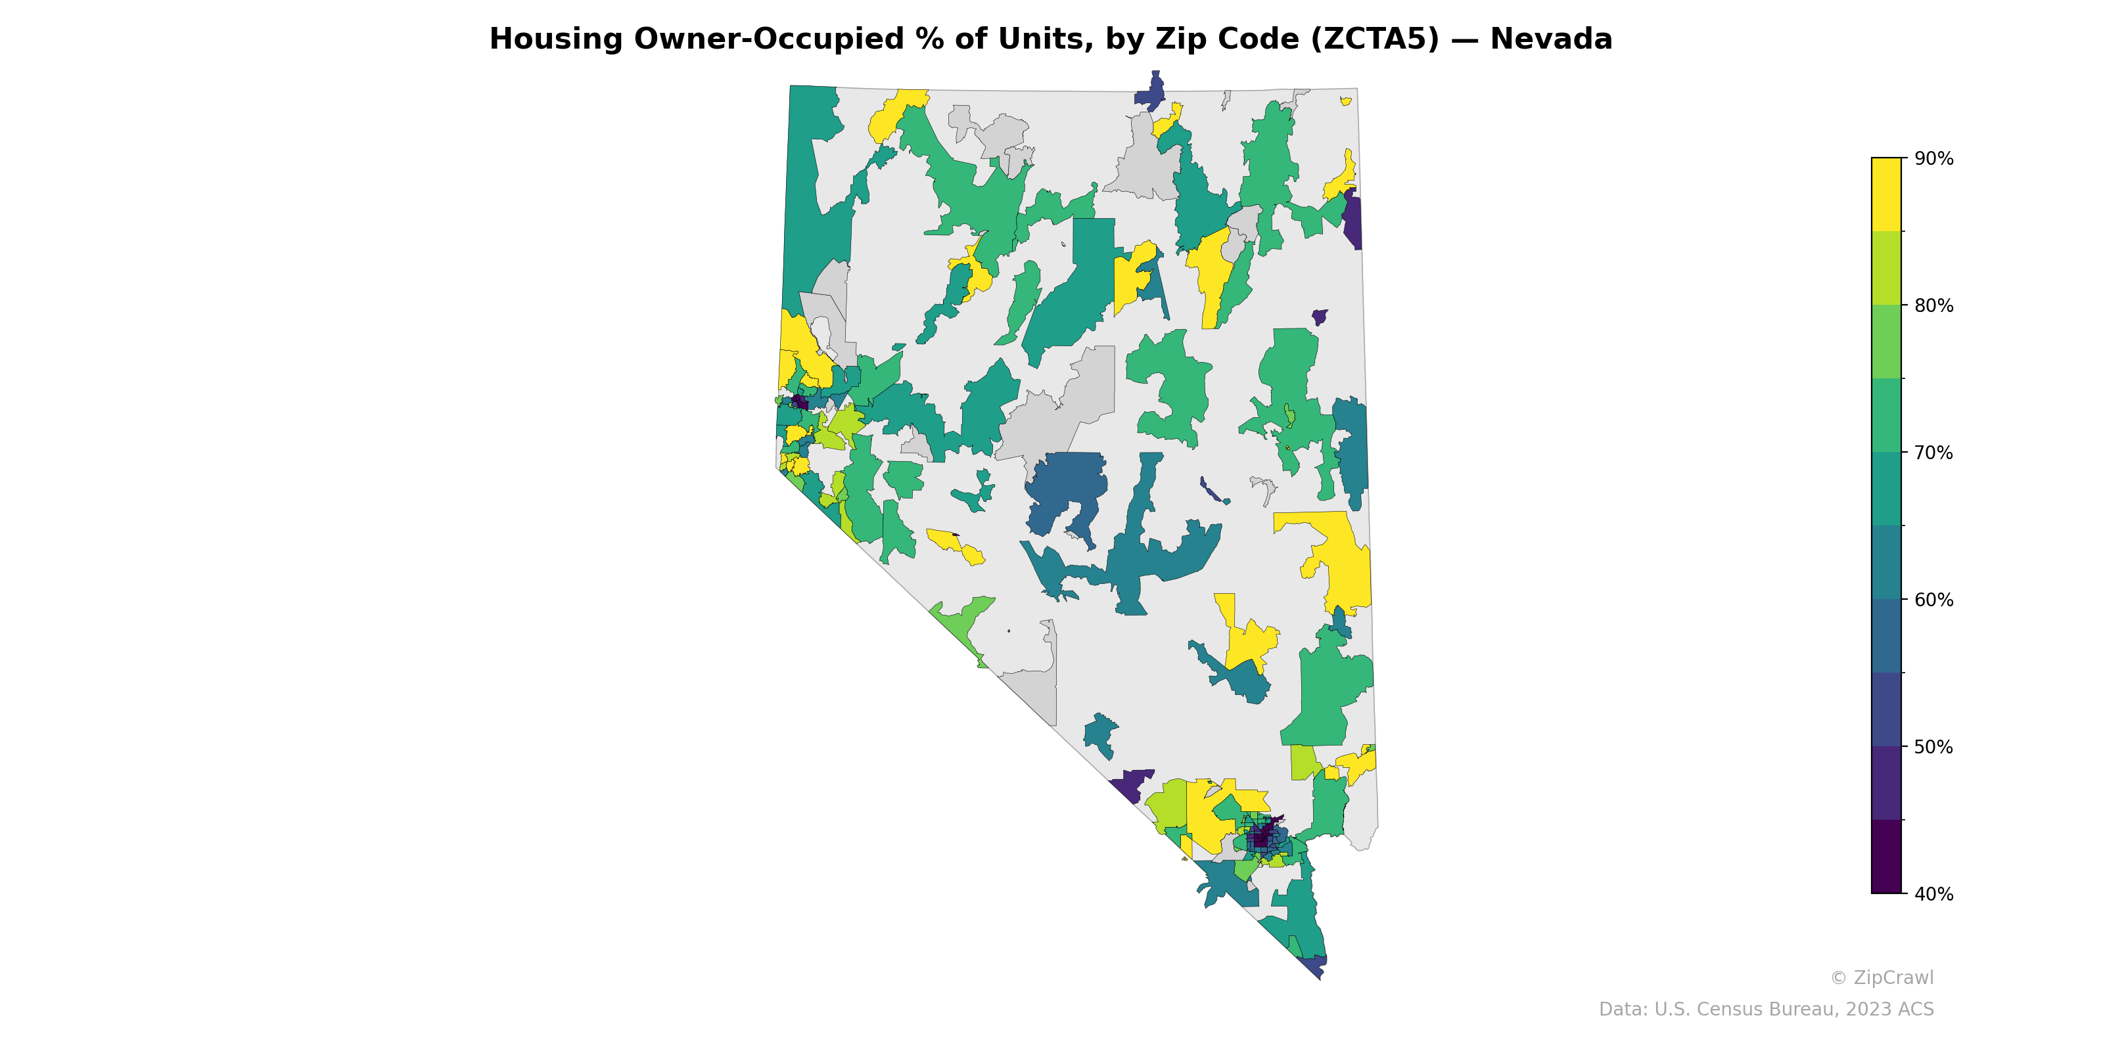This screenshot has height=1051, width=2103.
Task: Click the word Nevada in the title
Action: pos(1550,39)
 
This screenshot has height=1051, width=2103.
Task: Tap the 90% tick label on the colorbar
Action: pos(1934,159)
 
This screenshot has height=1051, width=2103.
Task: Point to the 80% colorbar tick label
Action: pos(1934,306)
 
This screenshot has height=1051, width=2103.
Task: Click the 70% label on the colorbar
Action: pos(1934,453)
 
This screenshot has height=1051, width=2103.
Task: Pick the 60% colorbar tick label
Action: pos(1934,600)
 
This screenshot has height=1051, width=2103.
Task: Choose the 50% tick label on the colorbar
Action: pos(1934,747)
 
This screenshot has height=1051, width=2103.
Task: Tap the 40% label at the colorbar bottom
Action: pos(1934,894)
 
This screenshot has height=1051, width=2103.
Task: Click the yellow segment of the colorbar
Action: pos(1886,194)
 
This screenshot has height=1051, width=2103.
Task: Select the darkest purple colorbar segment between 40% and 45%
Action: pos(1886,857)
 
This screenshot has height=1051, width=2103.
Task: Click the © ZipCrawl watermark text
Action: pos(1882,977)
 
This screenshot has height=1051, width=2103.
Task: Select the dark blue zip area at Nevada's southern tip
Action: pos(1314,966)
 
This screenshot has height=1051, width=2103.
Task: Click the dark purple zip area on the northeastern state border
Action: pos(1352,220)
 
